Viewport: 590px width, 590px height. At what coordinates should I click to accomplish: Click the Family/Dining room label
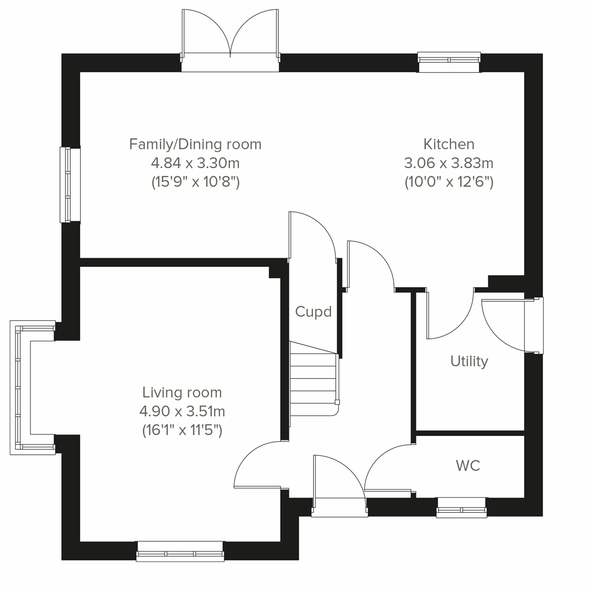click(195, 144)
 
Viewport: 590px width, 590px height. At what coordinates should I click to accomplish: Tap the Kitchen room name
click(449, 144)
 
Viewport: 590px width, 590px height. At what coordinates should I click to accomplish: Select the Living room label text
click(182, 392)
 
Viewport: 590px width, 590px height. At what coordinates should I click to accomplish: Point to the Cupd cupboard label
click(313, 312)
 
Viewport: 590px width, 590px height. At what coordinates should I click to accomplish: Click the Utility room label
click(469, 361)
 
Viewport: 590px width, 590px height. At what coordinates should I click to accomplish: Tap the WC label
click(468, 466)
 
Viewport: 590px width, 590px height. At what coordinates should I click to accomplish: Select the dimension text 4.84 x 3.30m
click(195, 163)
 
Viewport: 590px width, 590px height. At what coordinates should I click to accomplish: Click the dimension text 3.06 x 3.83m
click(449, 163)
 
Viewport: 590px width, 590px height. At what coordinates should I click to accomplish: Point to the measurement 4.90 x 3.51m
click(182, 411)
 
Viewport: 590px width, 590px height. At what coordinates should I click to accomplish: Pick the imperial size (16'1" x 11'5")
click(182, 430)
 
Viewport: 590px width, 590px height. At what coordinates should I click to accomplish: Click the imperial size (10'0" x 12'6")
click(449, 182)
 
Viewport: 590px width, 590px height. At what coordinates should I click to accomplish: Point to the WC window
click(461, 507)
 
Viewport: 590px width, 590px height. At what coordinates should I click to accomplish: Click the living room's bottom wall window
click(180, 552)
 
